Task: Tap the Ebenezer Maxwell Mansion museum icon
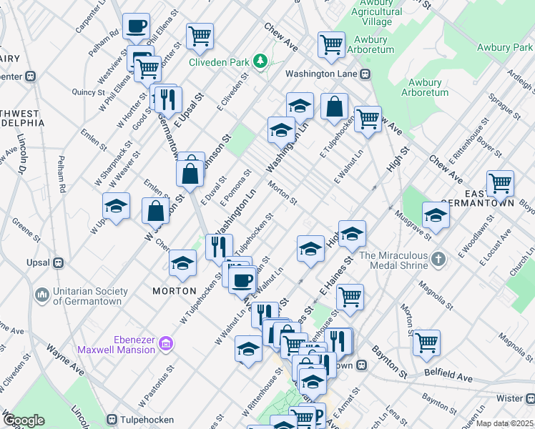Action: coord(167,344)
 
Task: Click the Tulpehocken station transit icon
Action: coord(112,419)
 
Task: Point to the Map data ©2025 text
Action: coord(505,423)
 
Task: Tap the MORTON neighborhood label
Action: coord(175,291)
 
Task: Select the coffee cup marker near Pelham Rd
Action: coord(135,28)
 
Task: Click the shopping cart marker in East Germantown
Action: coord(499,183)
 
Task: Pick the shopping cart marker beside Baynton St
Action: coord(426,342)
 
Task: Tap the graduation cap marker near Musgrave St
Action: coord(436,214)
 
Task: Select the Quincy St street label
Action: coord(89,92)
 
